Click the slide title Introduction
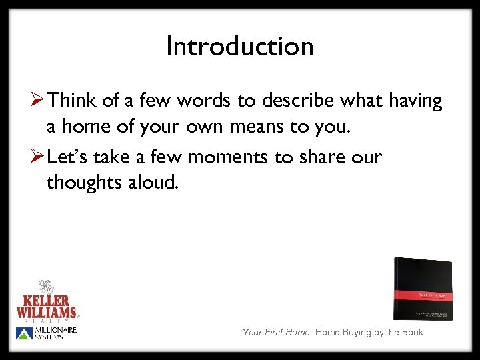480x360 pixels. click(x=239, y=47)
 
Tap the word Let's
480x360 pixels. click(x=71, y=158)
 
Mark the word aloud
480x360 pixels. click(x=154, y=183)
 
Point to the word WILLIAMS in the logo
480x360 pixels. click(x=46, y=311)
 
